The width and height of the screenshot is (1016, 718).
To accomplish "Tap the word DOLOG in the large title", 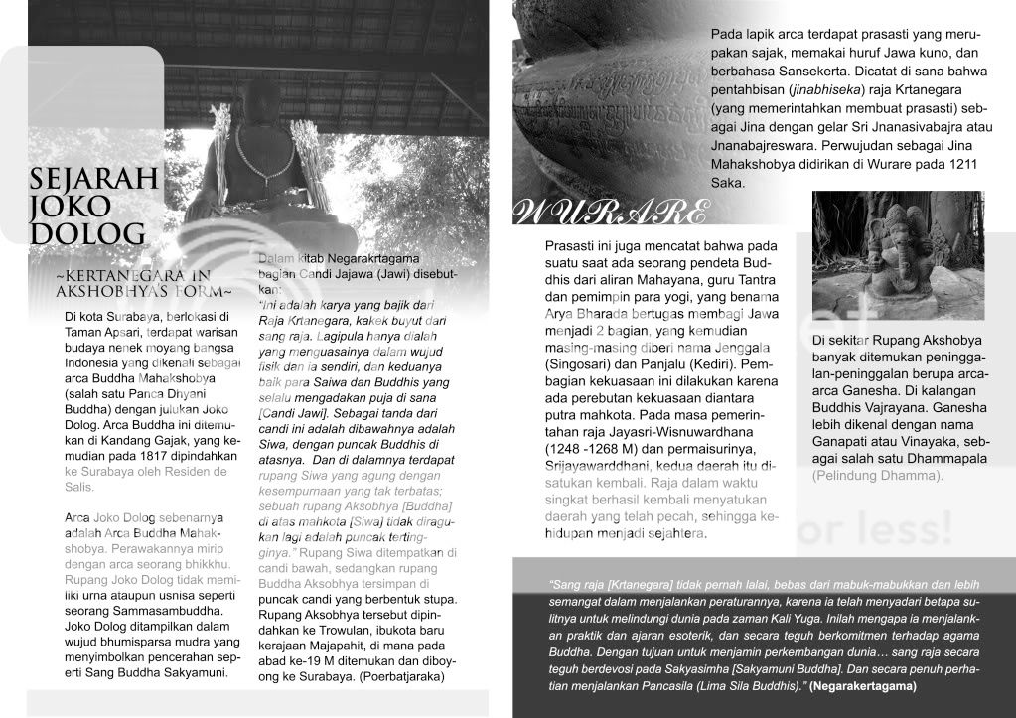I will (87, 234).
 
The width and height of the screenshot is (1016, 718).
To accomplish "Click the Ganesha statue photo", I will (898, 255).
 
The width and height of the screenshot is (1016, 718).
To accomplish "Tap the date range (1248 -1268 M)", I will (592, 437).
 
